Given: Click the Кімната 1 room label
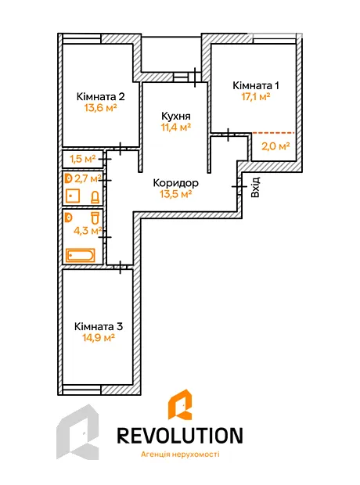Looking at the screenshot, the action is pyautogui.click(x=256, y=85).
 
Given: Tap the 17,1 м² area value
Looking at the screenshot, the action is pyautogui.click(x=256, y=96).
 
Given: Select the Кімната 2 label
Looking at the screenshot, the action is pyautogui.click(x=101, y=96).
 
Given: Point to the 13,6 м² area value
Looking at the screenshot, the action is pyautogui.click(x=100, y=108).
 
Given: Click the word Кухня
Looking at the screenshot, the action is pyautogui.click(x=176, y=117).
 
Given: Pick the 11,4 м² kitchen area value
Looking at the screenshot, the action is pyautogui.click(x=175, y=127).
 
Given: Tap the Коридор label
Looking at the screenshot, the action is pyautogui.click(x=176, y=183).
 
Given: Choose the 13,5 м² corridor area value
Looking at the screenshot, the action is pyautogui.click(x=175, y=194).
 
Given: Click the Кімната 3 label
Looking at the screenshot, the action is pyautogui.click(x=99, y=327).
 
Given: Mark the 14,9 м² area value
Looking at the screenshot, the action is pyautogui.click(x=99, y=337).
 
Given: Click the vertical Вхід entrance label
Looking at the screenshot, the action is pyautogui.click(x=255, y=188).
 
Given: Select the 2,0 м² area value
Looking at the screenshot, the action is pyautogui.click(x=275, y=146).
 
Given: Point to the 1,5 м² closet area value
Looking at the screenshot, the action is pyautogui.click(x=82, y=159).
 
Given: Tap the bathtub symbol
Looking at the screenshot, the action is pyautogui.click(x=81, y=256).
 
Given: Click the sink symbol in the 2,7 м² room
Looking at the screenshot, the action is pyautogui.click(x=73, y=196).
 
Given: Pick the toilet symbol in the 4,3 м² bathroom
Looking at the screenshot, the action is pyautogui.click(x=95, y=217).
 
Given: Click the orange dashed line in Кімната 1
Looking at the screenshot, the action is pyautogui.click(x=273, y=133).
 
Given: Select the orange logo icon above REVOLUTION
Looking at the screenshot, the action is pyautogui.click(x=180, y=404).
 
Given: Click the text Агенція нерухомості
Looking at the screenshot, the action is pyautogui.click(x=180, y=454).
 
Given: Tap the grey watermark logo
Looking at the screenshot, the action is pyautogui.click(x=77, y=432).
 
